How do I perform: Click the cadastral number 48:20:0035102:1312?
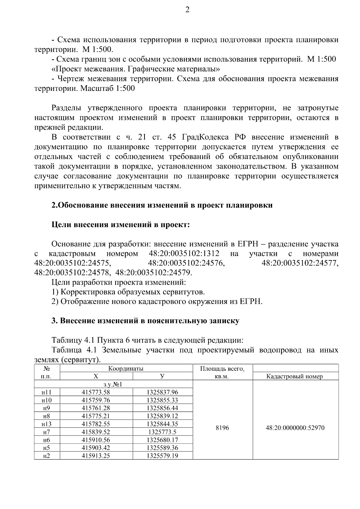coord(184,253)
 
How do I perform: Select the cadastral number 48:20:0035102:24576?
coord(186,263)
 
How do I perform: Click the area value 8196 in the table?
coord(222,428)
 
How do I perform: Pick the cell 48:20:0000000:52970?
coord(295,428)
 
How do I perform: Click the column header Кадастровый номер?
coord(295,377)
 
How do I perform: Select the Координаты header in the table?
coord(126,368)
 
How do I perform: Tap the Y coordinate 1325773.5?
coord(162,432)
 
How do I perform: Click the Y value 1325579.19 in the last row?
coord(162,456)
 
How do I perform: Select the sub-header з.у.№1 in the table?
coord(113,384)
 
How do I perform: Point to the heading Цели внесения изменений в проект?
coord(121,225)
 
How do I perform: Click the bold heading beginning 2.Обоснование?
coord(162,205)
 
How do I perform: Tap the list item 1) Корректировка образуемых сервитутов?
coord(128,292)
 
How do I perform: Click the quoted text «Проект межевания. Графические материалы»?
coord(136,69)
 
